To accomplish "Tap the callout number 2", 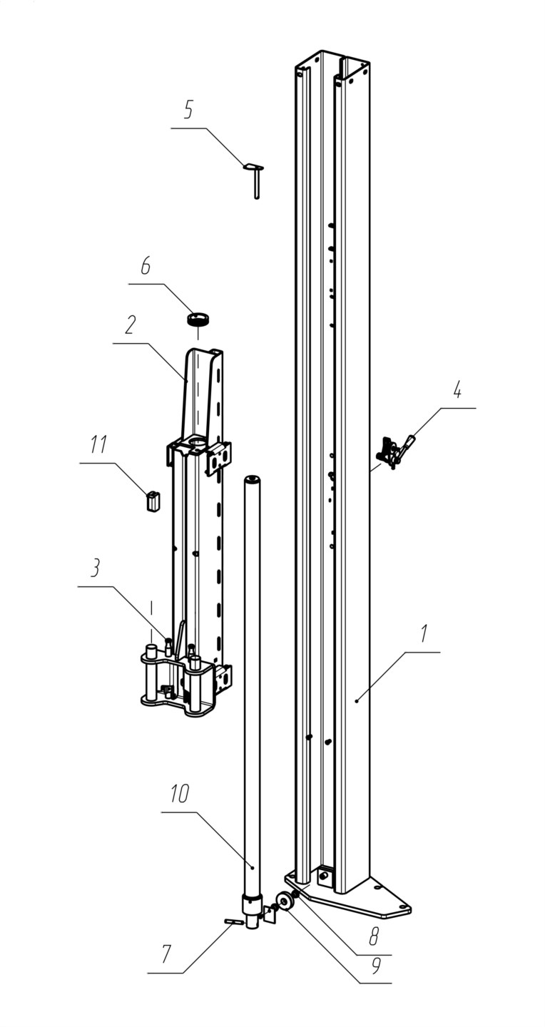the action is click(130, 325).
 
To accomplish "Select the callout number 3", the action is click(95, 568).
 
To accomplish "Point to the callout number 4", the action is click(457, 391).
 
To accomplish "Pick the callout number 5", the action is click(188, 110).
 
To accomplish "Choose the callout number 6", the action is click(146, 265).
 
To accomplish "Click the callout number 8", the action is click(375, 935).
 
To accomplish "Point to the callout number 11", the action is click(98, 444).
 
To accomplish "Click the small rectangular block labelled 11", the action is click(153, 501).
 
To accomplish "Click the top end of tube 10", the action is click(252, 479).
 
